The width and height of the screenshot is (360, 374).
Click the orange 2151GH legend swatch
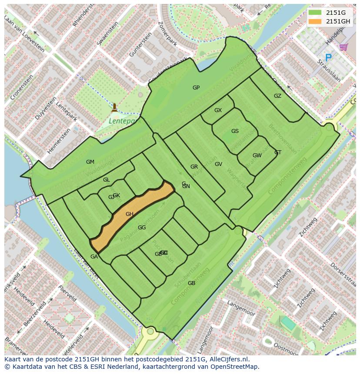point(316,21)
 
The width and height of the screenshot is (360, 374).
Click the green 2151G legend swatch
point(316,13)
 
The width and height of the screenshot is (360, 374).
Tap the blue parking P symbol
point(328,57)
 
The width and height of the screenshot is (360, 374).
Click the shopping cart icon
point(343,46)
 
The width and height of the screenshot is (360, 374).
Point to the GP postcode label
point(196,88)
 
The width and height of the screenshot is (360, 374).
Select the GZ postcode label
point(277,96)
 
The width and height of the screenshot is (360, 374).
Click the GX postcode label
point(218,110)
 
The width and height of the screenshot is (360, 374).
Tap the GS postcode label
point(235,131)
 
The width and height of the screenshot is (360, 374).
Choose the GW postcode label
point(257,156)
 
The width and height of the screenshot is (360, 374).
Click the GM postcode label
point(90,162)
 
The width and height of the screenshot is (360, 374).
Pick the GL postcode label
point(107,180)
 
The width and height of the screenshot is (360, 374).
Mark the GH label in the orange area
point(130,214)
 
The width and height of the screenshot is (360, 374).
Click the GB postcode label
point(191,283)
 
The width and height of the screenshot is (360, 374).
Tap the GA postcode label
point(94,257)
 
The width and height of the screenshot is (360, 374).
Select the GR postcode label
point(194,167)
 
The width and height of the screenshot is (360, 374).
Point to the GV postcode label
point(218,164)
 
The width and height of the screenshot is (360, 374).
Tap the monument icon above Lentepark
point(114,107)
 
